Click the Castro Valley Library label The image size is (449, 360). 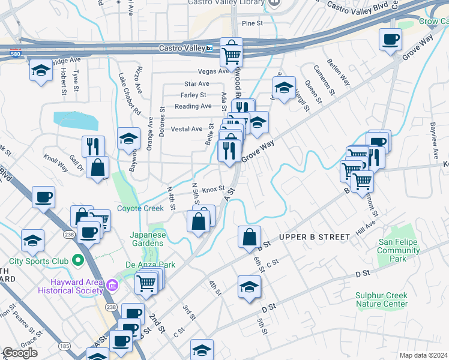[226, 2]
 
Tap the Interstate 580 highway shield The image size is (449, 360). [16, 53]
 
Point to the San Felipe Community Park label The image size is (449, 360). [399, 250]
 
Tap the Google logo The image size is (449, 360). [20, 353]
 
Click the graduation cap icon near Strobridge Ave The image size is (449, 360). [41, 71]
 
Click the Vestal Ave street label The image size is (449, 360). [187, 129]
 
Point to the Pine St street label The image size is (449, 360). [252, 23]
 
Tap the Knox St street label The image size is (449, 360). [213, 188]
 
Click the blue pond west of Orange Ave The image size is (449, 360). [75, 120]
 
